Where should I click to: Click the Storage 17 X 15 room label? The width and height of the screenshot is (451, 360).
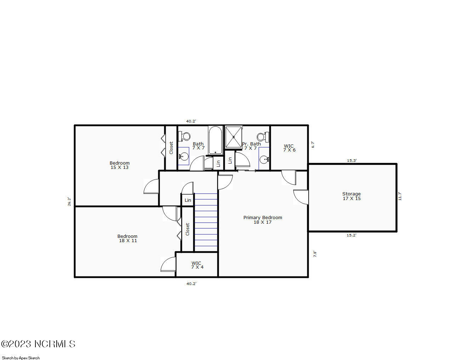click(351, 196)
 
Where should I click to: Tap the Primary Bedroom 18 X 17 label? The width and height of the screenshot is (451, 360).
click(263, 220)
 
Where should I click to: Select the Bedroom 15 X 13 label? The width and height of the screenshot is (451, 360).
click(120, 165)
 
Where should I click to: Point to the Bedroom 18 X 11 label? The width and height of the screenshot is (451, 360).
click(127, 238)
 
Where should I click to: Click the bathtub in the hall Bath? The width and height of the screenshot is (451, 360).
click(215, 141)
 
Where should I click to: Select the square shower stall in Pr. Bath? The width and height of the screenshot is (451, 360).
click(234, 137)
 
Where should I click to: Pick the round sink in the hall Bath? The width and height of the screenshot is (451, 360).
click(184, 156)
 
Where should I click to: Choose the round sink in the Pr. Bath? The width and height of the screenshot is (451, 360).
click(264, 159)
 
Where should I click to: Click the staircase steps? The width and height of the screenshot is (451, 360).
click(206, 222)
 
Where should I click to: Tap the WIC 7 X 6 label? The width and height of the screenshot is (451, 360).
click(289, 148)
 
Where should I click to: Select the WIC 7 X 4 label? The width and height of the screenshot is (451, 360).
click(197, 265)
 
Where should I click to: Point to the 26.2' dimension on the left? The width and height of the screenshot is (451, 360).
click(69, 201)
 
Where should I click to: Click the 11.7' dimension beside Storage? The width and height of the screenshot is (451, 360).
click(400, 196)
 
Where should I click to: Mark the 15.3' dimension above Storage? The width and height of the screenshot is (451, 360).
click(352, 160)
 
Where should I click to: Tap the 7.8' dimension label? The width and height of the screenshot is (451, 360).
click(315, 254)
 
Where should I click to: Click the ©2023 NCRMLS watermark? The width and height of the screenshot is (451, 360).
click(38, 344)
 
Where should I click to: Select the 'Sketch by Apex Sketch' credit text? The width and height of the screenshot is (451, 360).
click(21, 358)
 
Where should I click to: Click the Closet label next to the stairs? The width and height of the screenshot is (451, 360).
click(187, 229)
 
